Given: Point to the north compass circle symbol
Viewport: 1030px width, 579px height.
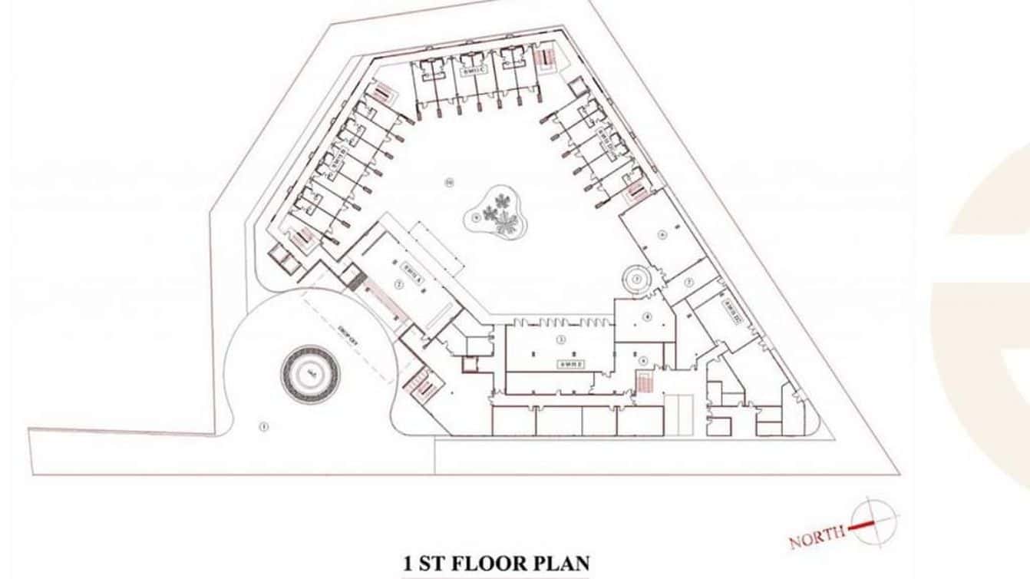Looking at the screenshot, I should click(873, 522).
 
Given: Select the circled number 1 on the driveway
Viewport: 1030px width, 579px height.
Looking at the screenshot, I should click(263, 426).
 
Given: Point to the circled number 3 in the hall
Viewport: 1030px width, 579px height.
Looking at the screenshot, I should click(561, 339).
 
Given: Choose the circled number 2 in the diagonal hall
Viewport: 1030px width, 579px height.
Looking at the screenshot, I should click(398, 283).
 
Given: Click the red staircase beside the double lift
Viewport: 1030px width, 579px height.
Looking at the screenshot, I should click(645, 381).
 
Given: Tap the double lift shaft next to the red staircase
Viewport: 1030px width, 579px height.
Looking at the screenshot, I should click(678, 413).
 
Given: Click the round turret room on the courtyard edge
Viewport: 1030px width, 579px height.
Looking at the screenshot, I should click(636, 280).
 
